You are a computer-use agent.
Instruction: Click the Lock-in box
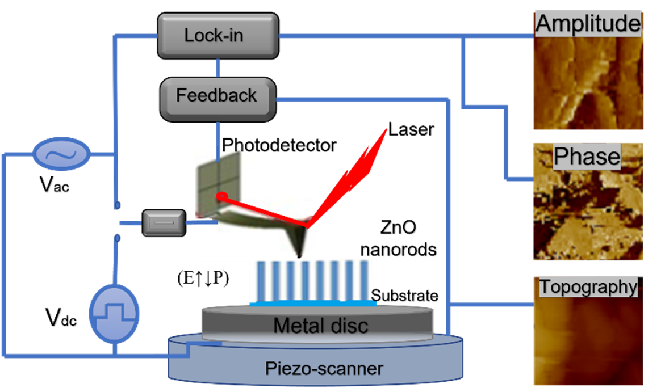pyautogui.click(x=218, y=36)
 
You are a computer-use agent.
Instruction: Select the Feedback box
pyautogui.click(x=218, y=100)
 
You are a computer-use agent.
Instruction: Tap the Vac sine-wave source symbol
pyautogui.click(x=61, y=154)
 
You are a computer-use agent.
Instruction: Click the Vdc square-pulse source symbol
pyautogui.click(x=114, y=314)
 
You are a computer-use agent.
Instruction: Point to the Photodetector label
pyautogui.click(x=279, y=145)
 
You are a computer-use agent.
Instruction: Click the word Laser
pyautogui.click(x=411, y=129)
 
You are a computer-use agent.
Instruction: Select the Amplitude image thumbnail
pyautogui.click(x=588, y=71)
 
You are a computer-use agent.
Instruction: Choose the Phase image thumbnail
pyautogui.click(x=588, y=201)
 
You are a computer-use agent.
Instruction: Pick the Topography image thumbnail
pyautogui.click(x=588, y=331)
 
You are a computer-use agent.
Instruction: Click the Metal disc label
pyautogui.click(x=321, y=326)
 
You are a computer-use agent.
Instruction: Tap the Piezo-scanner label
pyautogui.click(x=324, y=368)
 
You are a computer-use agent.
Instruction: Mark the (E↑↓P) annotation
pyautogui.click(x=203, y=279)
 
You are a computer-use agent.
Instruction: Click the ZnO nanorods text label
pyautogui.click(x=398, y=239)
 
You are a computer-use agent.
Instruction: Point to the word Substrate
pyautogui.click(x=404, y=295)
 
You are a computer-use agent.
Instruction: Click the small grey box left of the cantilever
pyautogui.click(x=164, y=222)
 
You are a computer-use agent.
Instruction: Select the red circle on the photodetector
pyautogui.click(x=222, y=196)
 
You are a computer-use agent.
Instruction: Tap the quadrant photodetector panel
pyautogui.click(x=219, y=183)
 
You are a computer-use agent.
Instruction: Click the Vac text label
pyautogui.click(x=54, y=184)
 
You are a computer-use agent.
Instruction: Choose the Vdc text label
pyautogui.click(x=61, y=317)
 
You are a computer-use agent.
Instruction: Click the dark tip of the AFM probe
pyautogui.click(x=299, y=254)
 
